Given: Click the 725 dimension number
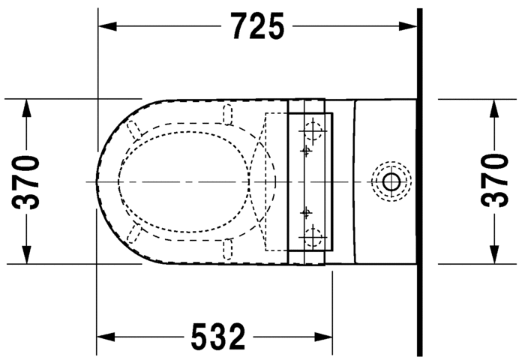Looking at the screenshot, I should pos(257,27).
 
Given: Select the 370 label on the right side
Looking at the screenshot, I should pos(494,181).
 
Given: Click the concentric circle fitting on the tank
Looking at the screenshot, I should pos(391,181).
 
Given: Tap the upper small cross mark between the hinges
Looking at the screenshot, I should pos(305,151).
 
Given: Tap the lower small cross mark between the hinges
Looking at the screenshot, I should pos(305,212).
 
